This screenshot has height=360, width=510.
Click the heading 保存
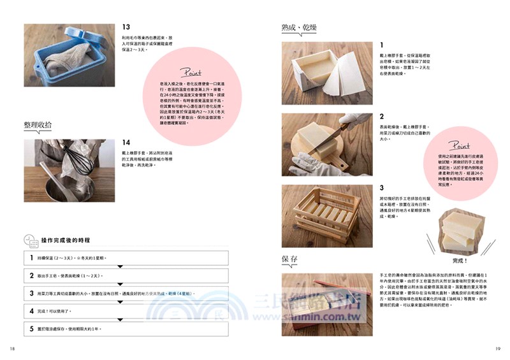click(x=290, y=259)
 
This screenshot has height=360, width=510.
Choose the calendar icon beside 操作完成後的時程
click(x=30, y=240)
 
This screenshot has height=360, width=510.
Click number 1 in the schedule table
click(x=31, y=258)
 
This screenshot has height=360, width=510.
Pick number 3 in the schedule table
click(x=31, y=293)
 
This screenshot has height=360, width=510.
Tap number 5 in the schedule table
click(x=31, y=329)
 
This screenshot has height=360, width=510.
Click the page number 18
click(x=12, y=348)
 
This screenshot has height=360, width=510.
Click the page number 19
click(x=498, y=348)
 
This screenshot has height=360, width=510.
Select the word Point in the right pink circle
click(x=458, y=146)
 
